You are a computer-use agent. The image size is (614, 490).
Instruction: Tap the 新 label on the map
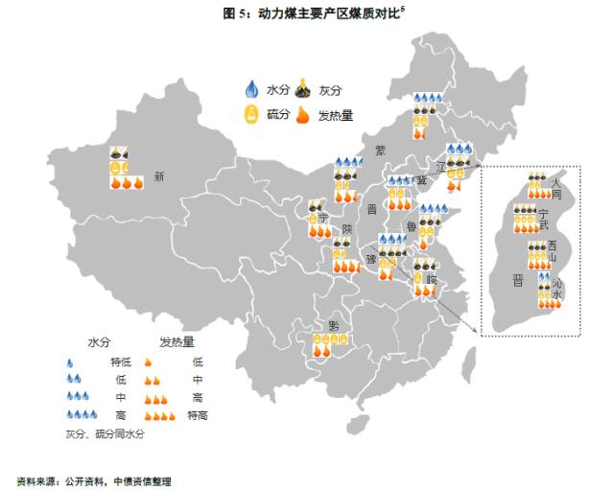(x=159, y=175)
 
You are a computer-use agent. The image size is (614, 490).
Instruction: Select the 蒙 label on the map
(x=380, y=151)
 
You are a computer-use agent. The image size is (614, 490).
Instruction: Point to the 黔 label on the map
(x=333, y=325)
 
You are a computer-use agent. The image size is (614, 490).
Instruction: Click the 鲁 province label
(x=412, y=227)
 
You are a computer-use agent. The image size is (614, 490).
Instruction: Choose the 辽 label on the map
(x=441, y=166)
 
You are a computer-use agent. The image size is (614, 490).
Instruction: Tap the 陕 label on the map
(x=348, y=229)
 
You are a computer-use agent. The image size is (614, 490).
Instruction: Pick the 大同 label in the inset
(x=556, y=187)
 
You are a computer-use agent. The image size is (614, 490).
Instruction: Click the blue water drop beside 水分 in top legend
(x=252, y=90)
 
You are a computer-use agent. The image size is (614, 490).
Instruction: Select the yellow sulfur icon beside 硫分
(x=252, y=115)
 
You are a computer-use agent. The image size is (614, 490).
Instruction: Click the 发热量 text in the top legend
(x=335, y=115)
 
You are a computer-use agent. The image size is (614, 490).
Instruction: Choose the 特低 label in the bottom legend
(x=120, y=362)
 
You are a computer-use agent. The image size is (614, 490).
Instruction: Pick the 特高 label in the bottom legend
(x=198, y=415)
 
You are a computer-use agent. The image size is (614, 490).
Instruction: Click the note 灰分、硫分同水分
(x=105, y=433)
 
